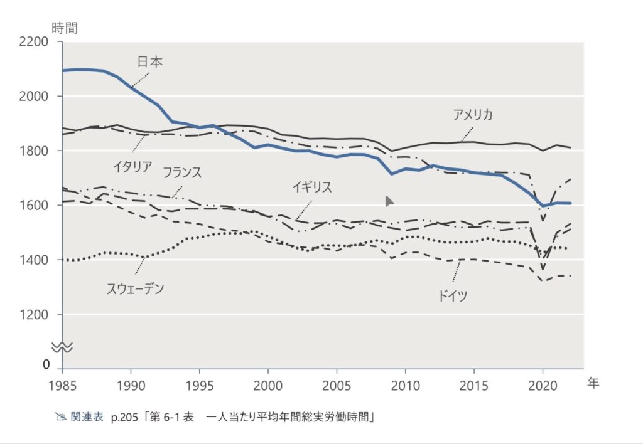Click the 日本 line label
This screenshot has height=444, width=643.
[x=150, y=62]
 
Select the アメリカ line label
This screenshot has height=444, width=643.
[x=472, y=115]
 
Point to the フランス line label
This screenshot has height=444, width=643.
[x=182, y=173]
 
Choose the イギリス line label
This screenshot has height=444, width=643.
[x=311, y=187]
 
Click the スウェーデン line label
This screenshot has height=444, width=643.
[x=135, y=289]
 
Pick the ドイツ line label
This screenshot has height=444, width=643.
[x=453, y=296]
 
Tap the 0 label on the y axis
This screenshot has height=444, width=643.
[x=46, y=364]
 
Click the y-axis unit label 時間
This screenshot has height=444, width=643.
[x=65, y=28]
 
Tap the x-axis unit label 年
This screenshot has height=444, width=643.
[x=593, y=384]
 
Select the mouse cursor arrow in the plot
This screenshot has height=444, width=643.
[x=389, y=201]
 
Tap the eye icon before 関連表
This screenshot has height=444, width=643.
[x=60, y=417]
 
